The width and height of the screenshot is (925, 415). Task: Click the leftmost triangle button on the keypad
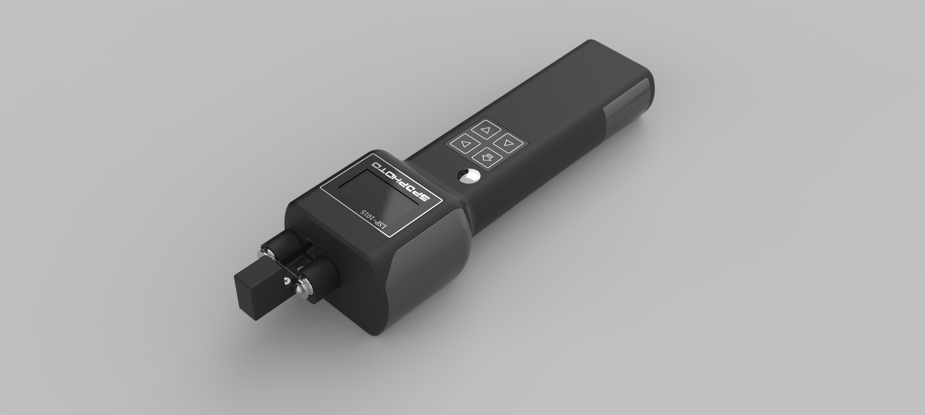464,144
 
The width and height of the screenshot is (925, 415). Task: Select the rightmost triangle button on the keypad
509,142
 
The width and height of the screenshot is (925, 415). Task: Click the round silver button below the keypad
468,176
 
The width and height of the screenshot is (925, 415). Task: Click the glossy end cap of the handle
631,101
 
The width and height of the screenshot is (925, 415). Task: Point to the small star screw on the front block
287,280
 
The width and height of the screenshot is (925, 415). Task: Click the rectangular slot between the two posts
309,246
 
